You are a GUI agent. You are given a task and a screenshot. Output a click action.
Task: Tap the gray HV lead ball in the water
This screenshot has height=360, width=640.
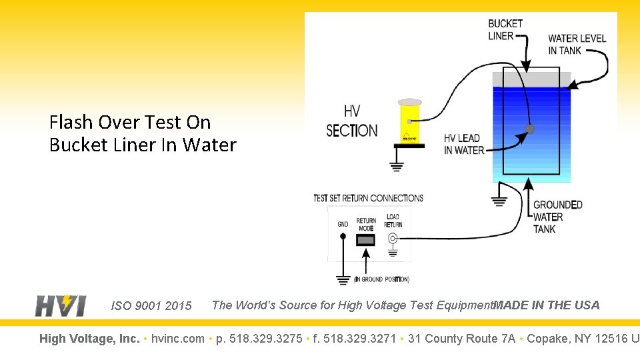click(x=529, y=129)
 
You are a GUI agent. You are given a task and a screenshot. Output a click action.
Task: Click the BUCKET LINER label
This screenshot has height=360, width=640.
click(x=505, y=30)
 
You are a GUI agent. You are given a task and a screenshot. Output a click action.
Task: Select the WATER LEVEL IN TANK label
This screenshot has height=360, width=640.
click(x=577, y=44)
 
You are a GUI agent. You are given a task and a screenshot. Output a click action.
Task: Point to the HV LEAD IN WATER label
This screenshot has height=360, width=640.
click(x=462, y=144)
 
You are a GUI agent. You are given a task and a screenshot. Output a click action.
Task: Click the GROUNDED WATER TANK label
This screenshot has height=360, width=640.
click(x=557, y=217)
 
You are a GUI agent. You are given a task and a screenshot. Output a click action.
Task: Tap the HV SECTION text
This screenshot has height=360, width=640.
click(x=351, y=121)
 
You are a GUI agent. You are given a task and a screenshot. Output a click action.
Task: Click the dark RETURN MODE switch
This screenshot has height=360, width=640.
click(x=365, y=239)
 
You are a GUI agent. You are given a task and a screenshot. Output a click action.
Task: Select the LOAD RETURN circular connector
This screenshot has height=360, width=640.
click(x=393, y=239)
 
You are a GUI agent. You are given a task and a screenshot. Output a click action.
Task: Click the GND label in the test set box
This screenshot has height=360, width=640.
click(x=343, y=225)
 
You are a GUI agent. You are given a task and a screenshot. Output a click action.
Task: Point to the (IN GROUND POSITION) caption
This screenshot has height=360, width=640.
click(x=381, y=279)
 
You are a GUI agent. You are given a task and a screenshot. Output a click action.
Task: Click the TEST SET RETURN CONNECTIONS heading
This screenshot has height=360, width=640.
click(x=368, y=198)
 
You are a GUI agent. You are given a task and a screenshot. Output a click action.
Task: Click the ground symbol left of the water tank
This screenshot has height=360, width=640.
click(x=499, y=201)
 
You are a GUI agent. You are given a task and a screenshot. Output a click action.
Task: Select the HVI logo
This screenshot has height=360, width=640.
click(x=60, y=305)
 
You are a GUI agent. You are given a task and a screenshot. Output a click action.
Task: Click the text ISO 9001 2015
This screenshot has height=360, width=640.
click(x=151, y=306)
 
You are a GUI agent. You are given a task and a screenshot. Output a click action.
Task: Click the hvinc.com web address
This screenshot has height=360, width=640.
click(x=178, y=339)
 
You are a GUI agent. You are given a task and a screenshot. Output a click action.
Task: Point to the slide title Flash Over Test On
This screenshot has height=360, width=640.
click(x=130, y=122)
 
